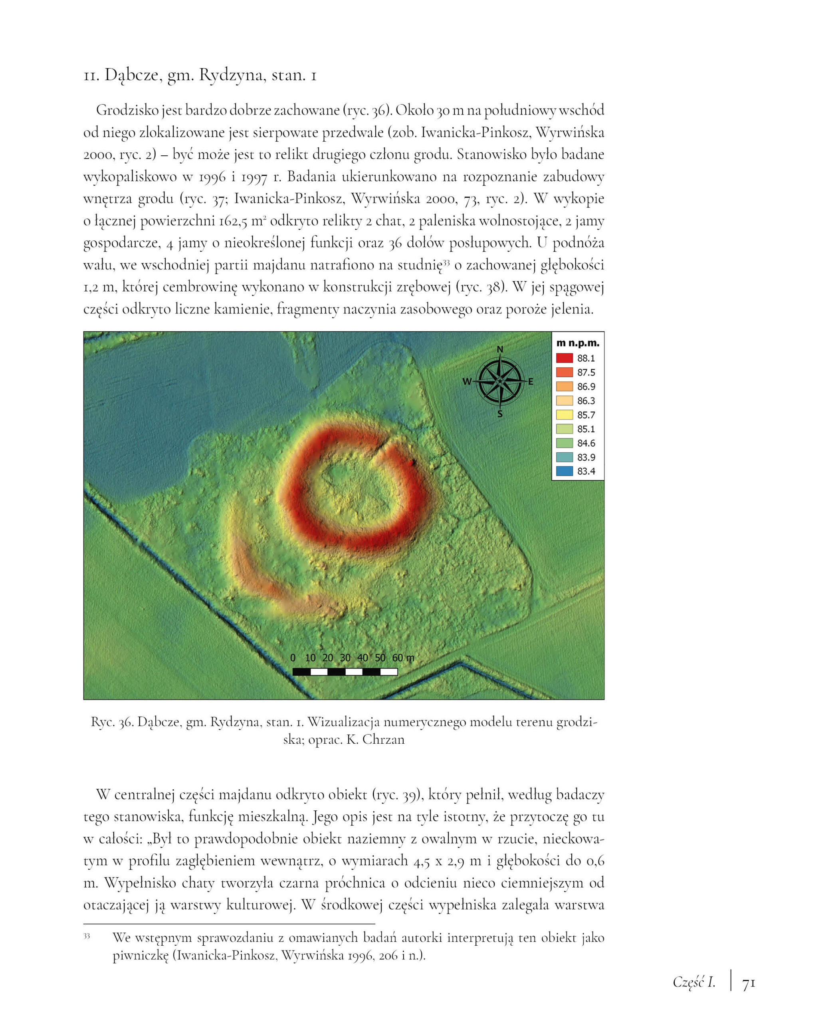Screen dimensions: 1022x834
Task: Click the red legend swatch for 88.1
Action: (564, 358)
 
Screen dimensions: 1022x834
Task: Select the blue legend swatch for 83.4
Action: (564, 471)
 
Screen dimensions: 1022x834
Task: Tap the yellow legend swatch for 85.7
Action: (564, 414)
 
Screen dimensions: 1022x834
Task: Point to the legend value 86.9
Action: (586, 386)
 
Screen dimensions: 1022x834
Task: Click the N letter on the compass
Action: (499, 349)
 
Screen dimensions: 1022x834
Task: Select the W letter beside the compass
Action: (466, 382)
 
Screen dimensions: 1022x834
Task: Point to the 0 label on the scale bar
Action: (293, 658)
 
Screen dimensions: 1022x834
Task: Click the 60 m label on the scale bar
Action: (402, 658)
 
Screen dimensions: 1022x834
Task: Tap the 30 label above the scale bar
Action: (345, 658)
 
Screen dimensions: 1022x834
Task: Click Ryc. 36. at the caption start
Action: (112, 722)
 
